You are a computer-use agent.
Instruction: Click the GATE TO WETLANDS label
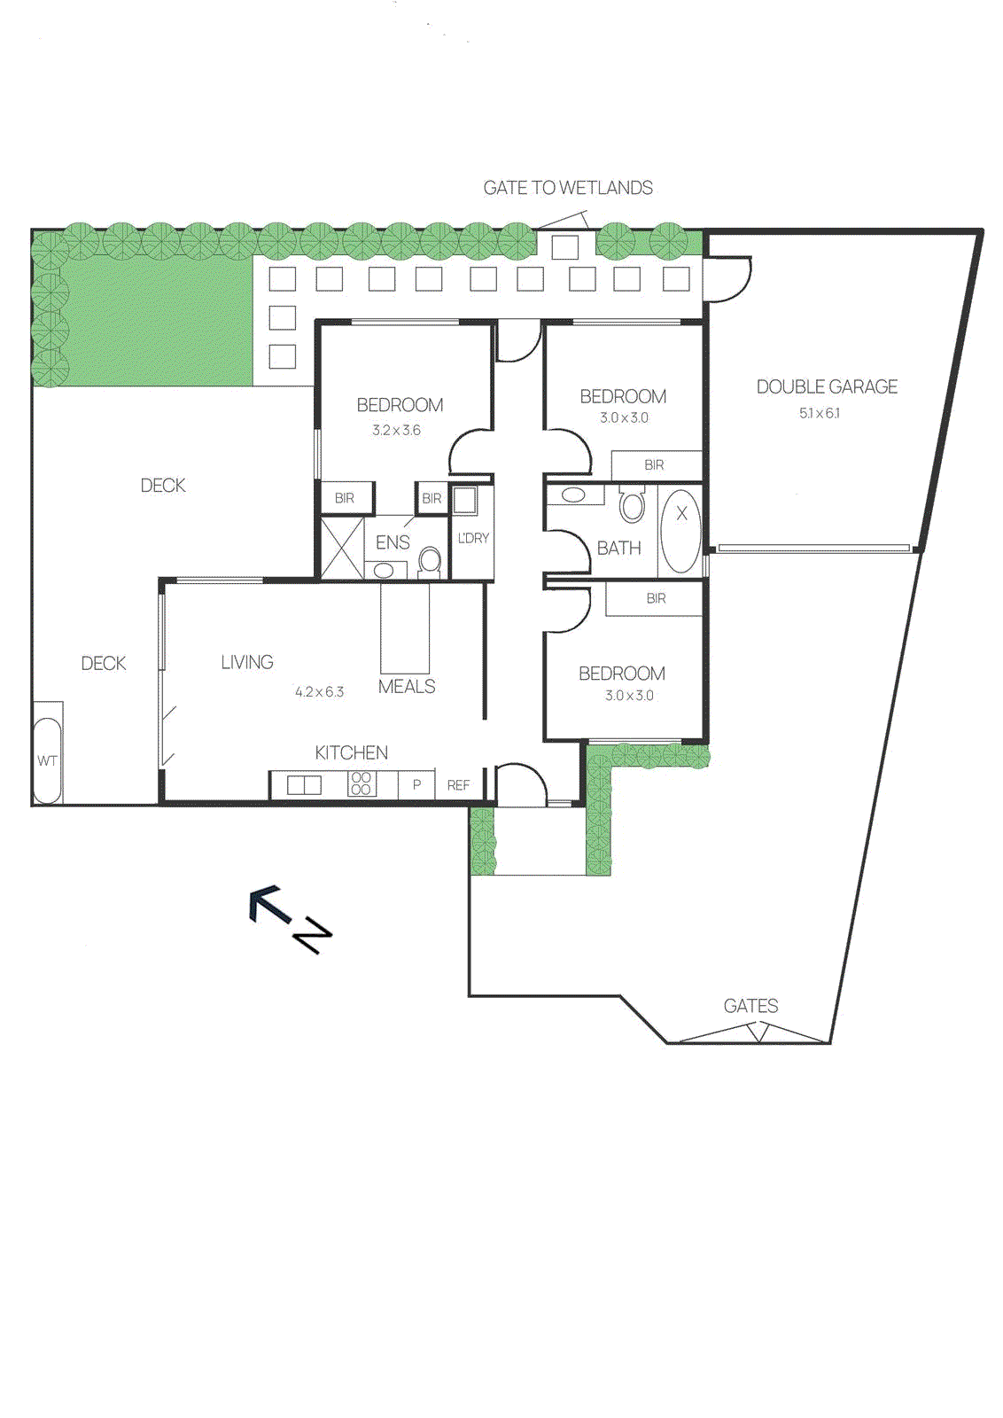(x=568, y=188)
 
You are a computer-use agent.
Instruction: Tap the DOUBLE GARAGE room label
(x=827, y=386)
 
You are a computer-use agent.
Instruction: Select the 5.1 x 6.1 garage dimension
(x=820, y=413)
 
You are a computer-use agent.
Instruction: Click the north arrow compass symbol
(x=290, y=918)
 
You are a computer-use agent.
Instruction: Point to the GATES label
(x=750, y=1006)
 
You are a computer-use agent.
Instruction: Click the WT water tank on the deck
(x=47, y=760)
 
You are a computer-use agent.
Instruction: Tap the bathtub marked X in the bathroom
(x=680, y=530)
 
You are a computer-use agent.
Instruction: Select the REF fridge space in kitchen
(x=458, y=785)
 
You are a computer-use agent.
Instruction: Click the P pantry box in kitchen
(x=416, y=785)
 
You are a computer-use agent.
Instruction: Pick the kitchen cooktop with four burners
(x=361, y=783)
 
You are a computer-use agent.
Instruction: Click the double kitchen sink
(x=304, y=785)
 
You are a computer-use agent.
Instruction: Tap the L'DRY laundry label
(x=473, y=538)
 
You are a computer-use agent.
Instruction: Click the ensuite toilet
(x=430, y=560)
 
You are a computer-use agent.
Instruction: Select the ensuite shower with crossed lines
(x=342, y=549)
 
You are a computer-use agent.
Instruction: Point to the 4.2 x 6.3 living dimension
(x=319, y=691)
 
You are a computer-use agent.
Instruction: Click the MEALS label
(x=407, y=686)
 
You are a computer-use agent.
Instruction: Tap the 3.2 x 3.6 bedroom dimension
(x=396, y=430)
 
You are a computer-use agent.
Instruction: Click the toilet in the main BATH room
(x=632, y=505)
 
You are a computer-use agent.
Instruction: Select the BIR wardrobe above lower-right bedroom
(x=656, y=598)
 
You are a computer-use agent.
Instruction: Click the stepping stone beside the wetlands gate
(x=564, y=246)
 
